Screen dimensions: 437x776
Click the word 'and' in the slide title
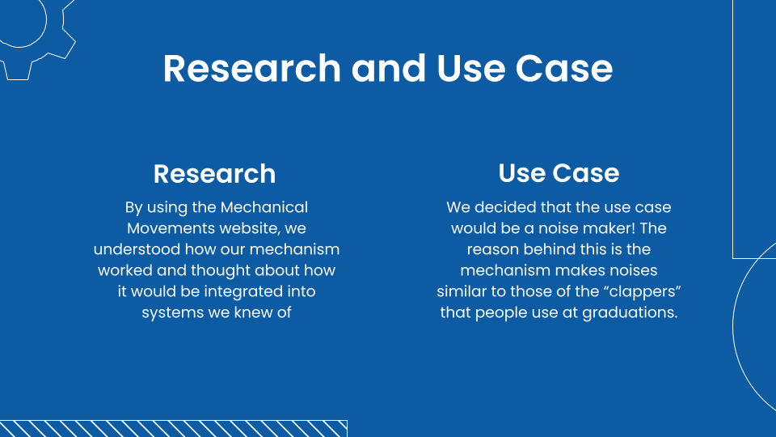[389, 69]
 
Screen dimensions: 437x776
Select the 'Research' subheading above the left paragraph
[214, 174]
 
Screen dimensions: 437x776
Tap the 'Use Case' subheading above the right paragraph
[559, 173]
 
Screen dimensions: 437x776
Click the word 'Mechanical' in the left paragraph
[264, 208]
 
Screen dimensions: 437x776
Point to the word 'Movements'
[171, 229]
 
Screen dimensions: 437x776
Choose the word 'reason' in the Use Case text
[494, 250]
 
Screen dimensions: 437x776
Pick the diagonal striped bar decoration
[173, 428]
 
